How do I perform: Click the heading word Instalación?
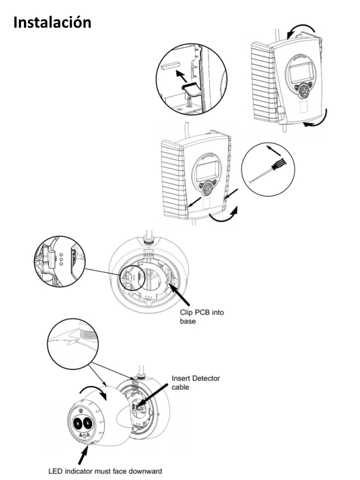point(52,22)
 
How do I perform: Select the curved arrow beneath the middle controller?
point(222,216)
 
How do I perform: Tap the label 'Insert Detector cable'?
point(195,382)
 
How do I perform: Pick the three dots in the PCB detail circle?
point(60,258)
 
